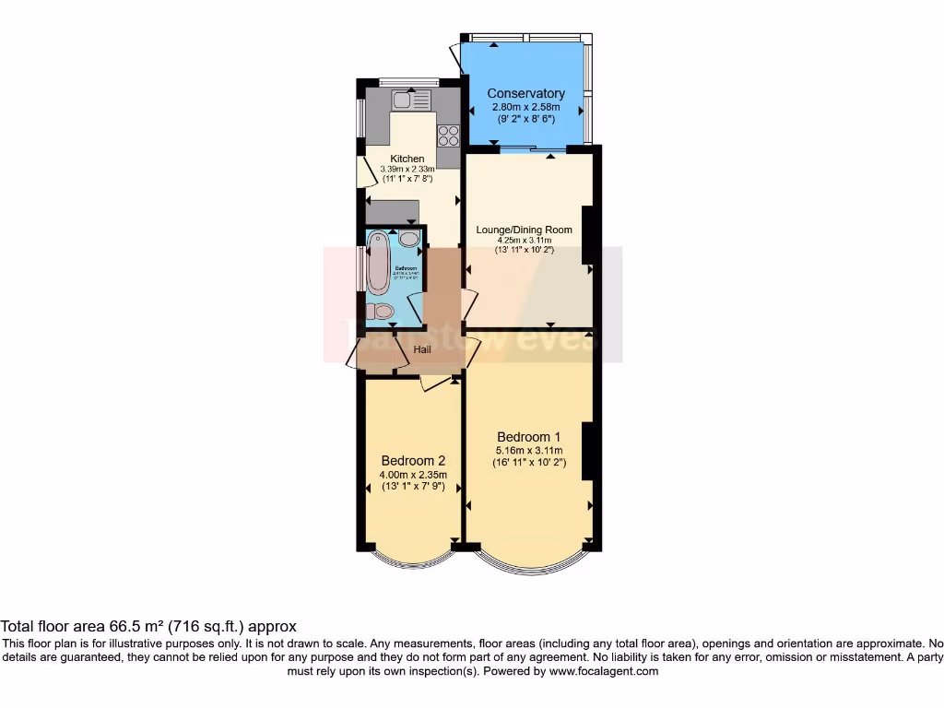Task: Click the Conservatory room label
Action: [525, 93]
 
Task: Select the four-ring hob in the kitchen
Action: [448, 136]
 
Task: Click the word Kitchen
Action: [407, 159]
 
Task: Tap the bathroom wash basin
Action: [408, 239]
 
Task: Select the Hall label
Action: [422, 349]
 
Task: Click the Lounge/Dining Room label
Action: [524, 230]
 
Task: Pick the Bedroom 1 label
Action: [528, 436]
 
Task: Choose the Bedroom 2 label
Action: [413, 461]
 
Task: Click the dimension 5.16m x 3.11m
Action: [528, 450]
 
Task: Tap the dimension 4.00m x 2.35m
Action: [413, 475]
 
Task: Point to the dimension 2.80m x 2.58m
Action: [525, 107]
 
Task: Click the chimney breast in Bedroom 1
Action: [587, 450]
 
